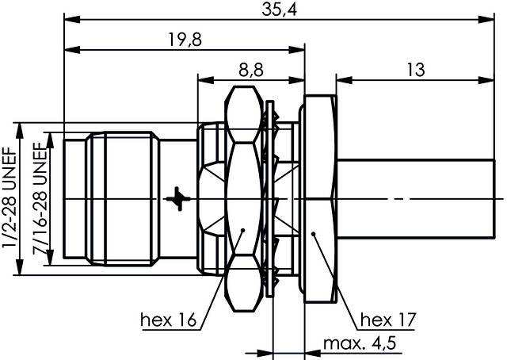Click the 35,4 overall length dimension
(279, 10)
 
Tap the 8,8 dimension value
(251, 70)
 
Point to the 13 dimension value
(414, 70)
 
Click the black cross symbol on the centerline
(181, 197)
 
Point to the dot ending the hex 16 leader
(242, 232)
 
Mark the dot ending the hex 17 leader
(314, 233)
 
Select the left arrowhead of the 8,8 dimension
(201, 79)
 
